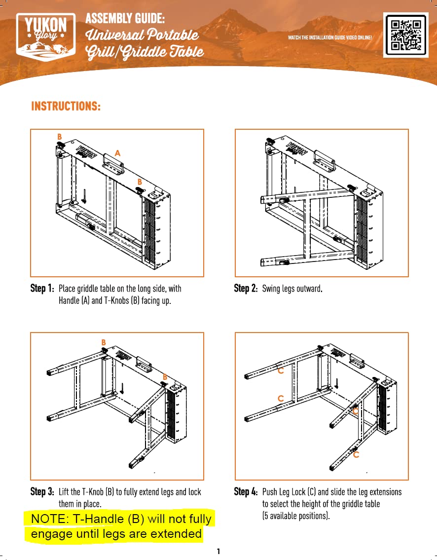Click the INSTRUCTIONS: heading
[x=66, y=107]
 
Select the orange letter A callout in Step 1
[x=117, y=153]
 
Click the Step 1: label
[x=42, y=289]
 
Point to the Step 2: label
[x=246, y=289]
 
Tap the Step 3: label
[x=42, y=492]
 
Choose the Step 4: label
[x=246, y=492]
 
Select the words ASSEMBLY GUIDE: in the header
[x=125, y=19]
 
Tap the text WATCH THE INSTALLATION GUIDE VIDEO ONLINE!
[x=330, y=37]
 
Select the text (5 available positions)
[x=295, y=516]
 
